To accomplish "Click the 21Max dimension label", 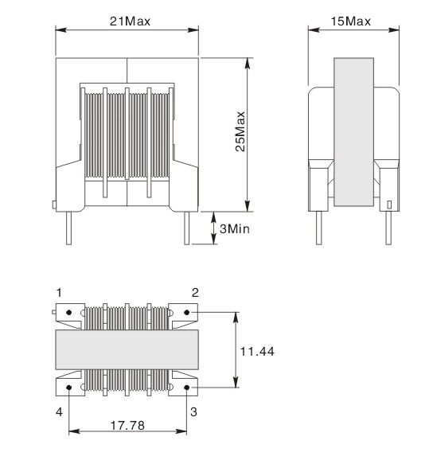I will pos(127,20).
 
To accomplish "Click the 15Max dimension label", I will pos(351,20).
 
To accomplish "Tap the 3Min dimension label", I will pos(236,229).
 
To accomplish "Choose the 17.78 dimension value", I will pos(127,426).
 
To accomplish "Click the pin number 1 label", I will pos(57,292).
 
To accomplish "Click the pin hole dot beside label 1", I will pos(69,312).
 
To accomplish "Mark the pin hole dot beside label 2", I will pos(187,312).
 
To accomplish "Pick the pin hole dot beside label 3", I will pos(187,388).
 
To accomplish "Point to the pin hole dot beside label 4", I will pos(69,388).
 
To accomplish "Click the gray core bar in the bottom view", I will pos(127,349).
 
